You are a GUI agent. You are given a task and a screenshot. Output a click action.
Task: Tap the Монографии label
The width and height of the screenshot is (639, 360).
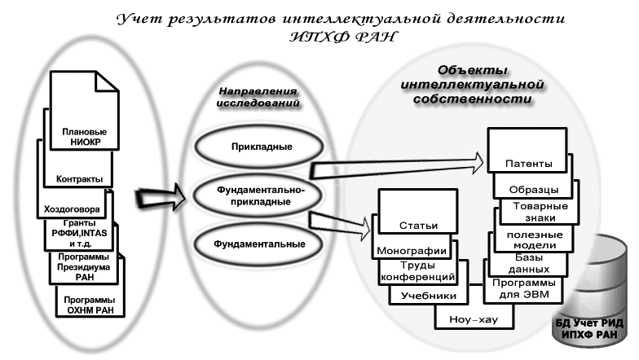point(409,251)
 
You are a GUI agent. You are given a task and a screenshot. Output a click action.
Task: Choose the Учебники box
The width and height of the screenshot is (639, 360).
point(422,296)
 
